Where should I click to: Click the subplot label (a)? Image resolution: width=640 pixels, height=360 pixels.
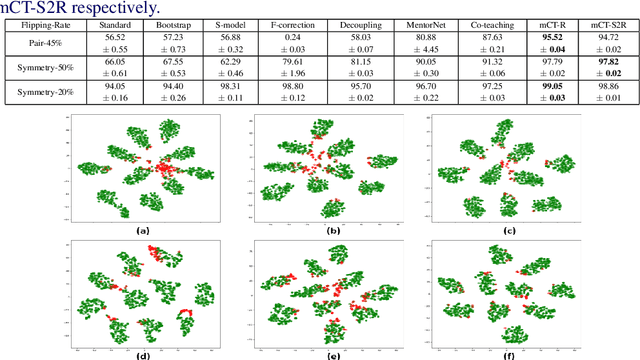pos(142,229)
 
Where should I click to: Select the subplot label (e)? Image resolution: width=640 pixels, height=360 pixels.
pos(333,354)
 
